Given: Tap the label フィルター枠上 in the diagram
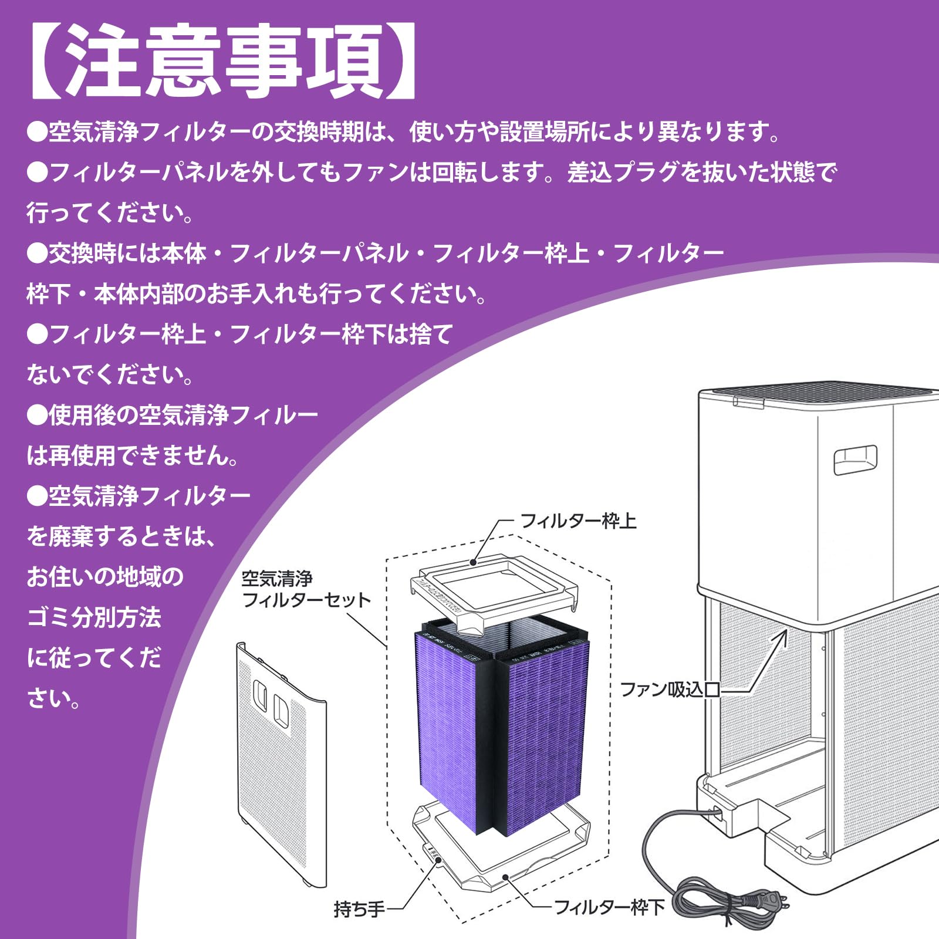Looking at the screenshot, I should pyautogui.click(x=578, y=521).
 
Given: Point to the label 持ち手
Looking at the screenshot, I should pyautogui.click(x=359, y=909).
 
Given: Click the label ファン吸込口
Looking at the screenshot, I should pyautogui.click(x=670, y=689).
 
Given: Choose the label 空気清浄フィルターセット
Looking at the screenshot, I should pyautogui.click(x=305, y=589).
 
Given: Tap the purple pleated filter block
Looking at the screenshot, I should pyautogui.click(x=505, y=728).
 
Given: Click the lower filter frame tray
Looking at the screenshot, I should pyautogui.click(x=502, y=845).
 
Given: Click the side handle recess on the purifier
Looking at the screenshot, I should pyautogui.click(x=855, y=459).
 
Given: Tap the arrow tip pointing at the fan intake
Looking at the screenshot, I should pyautogui.click(x=785, y=633).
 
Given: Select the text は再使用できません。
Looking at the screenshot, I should pyautogui.click(x=133, y=455).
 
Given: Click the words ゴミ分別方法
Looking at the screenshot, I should pyautogui.click(x=94, y=617).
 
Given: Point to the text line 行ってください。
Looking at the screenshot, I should pyautogui.click(x=110, y=212).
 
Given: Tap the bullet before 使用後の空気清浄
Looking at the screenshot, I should pyautogui.click(x=37, y=416).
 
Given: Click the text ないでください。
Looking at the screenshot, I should pyautogui.click(x=110, y=374).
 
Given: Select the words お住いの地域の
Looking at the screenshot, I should pyautogui.click(x=106, y=577).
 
